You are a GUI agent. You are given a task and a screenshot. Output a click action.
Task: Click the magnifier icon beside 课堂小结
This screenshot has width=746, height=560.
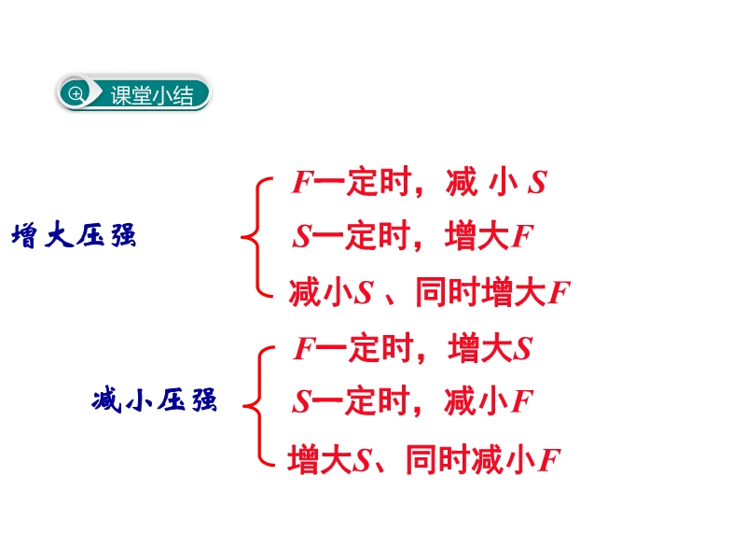76,93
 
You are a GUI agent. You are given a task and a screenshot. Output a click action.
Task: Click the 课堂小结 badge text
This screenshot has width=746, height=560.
152,94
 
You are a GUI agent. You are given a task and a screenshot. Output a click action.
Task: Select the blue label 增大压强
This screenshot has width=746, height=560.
74,236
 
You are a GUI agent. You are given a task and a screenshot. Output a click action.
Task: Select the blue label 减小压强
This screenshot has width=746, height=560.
155,402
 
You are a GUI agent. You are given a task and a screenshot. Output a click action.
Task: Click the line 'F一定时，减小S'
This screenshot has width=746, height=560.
418,182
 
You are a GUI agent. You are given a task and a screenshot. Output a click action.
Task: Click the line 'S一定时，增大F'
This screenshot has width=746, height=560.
411,236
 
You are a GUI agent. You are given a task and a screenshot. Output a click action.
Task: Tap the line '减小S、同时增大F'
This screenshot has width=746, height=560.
429,292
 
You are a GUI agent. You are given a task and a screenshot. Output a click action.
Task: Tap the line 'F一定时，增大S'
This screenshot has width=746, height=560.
412,349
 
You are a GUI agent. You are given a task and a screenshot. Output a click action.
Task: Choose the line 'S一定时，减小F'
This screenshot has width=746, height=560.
411,402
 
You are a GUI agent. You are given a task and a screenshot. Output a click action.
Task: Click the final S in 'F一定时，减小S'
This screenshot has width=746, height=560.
536,183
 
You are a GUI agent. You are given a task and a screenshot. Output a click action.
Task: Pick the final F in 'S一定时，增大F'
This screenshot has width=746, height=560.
522,237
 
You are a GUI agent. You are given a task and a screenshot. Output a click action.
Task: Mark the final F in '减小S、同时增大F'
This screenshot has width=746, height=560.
559,293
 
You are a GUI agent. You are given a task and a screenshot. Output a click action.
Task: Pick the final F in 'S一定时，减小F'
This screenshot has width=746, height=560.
522,403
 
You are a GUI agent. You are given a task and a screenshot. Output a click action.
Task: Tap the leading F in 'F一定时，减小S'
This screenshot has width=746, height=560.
300,183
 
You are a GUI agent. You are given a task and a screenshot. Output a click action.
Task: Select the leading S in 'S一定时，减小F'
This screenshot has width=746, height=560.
300,403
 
